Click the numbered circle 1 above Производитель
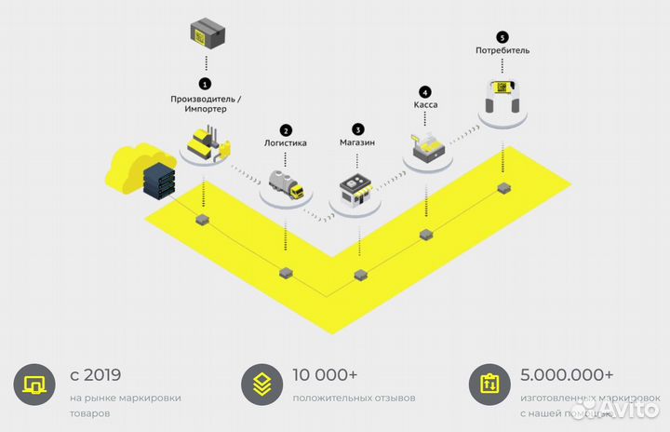(x=205, y=84)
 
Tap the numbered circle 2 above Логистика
(x=286, y=130)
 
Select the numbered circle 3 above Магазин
(x=358, y=128)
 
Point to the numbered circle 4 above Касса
(x=425, y=92)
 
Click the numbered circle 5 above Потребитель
(x=502, y=37)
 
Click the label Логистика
(x=286, y=144)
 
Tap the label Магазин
(x=358, y=143)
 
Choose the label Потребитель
(x=502, y=50)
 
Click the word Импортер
(x=199, y=109)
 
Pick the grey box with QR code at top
(x=205, y=34)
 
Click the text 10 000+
(x=325, y=375)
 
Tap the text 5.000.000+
(x=567, y=375)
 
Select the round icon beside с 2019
(x=34, y=385)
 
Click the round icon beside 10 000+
(x=261, y=385)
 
